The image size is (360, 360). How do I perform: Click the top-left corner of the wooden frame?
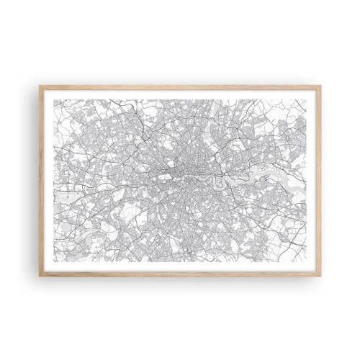point(40,86)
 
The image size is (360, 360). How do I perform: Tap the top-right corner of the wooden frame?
point(320,86)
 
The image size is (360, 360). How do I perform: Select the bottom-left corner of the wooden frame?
point(40,276)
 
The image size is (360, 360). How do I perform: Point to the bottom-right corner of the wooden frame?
point(320,276)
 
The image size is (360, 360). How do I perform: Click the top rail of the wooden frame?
point(180,87)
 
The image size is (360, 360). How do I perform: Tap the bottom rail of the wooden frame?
point(180,274)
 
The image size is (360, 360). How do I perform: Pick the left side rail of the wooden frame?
point(41,180)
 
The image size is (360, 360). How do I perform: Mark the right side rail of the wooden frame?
point(319,180)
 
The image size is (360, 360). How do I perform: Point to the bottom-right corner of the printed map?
point(305,261)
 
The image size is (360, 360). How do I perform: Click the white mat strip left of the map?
point(49,180)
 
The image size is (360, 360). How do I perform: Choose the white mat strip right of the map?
point(312,180)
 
